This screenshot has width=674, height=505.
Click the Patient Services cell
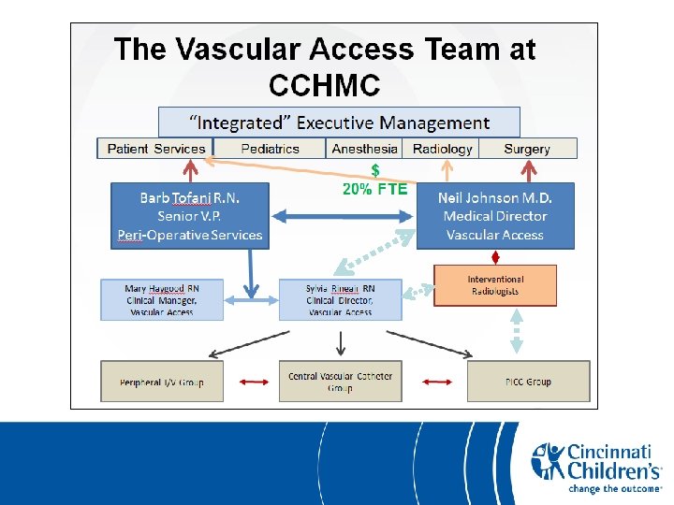coord(155,149)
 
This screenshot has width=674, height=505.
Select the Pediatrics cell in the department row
coord(270,149)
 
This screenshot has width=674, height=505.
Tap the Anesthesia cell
coord(364,149)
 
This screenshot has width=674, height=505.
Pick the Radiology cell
coord(442,149)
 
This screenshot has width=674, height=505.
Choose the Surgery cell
coord(527,149)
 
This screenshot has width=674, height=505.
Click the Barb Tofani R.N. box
coord(189,216)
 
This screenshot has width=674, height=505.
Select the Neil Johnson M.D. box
coord(495,216)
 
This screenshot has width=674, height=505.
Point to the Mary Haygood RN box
coord(162,300)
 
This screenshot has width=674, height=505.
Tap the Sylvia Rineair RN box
coord(340,300)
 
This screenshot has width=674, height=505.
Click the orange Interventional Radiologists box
coord(495,285)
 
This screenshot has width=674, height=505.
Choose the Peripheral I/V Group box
coord(162,382)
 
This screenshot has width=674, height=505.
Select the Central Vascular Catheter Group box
coord(340,382)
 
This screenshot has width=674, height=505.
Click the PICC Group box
coord(528,382)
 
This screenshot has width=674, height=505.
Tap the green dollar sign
coord(375,170)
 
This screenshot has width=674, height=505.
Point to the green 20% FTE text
coord(375,189)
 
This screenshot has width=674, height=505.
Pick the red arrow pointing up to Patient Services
coord(191,170)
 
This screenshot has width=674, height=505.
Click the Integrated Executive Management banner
coord(339,123)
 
